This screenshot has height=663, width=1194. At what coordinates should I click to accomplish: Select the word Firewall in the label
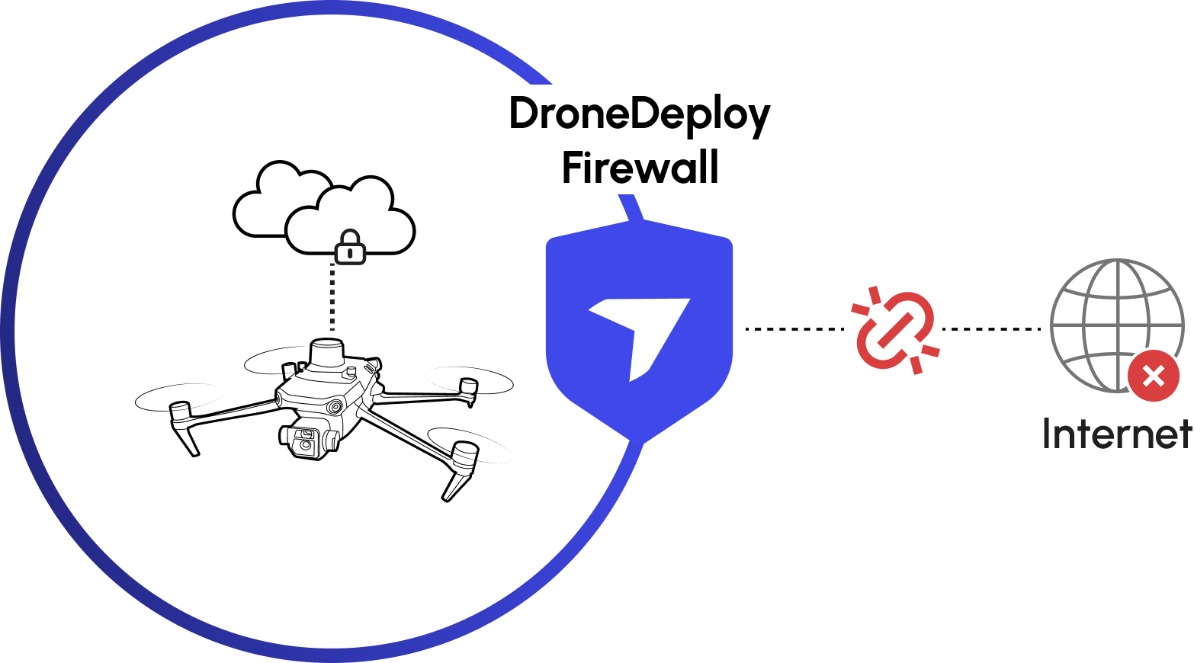pyautogui.click(x=640, y=168)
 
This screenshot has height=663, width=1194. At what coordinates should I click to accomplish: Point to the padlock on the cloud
pyautogui.click(x=350, y=248)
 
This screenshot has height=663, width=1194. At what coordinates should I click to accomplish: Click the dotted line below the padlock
pyautogui.click(x=332, y=297)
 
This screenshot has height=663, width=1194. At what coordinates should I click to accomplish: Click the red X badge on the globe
pyautogui.click(x=1153, y=376)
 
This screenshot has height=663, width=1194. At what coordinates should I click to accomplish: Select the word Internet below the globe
pyautogui.click(x=1116, y=434)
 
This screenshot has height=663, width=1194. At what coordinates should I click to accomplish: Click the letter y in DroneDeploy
pyautogui.click(x=758, y=118)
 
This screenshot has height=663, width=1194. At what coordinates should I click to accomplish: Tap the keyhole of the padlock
pyautogui.click(x=350, y=253)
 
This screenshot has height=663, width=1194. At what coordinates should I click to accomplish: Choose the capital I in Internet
pyautogui.click(x=1048, y=434)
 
